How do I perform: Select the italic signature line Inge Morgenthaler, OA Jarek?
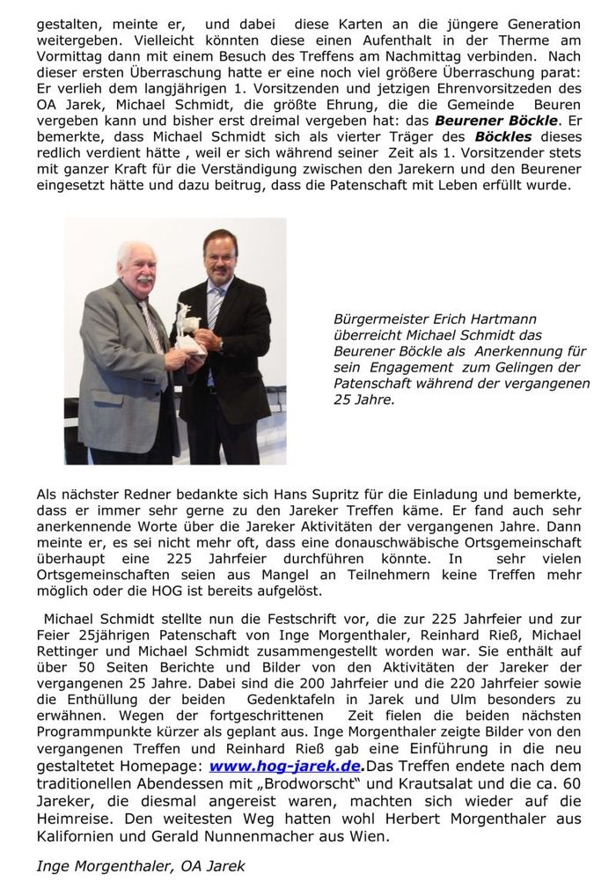pyautogui.click(x=141, y=865)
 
